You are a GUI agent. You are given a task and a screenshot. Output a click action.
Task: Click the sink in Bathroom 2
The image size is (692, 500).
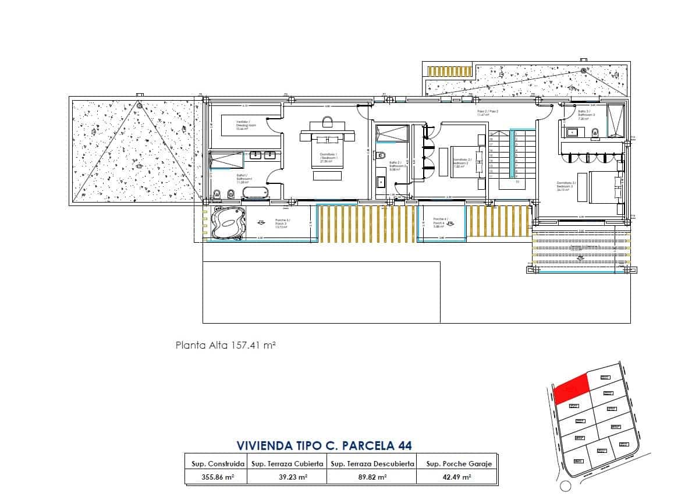382,181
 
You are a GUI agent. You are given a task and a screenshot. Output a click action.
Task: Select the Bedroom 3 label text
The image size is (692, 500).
565,186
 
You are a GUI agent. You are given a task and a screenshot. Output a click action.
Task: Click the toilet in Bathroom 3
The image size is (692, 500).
595,133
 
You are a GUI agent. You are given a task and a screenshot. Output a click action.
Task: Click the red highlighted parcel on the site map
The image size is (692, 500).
570,388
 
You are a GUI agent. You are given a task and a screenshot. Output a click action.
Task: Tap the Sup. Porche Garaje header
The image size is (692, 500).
459,464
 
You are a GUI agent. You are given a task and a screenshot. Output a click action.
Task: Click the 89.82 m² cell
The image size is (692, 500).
372,477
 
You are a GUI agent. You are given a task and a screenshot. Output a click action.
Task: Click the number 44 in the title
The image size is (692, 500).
404,445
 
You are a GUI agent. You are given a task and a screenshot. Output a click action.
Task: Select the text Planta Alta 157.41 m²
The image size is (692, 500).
225,345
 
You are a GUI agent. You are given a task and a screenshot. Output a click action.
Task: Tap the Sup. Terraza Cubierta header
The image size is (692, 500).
286,464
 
